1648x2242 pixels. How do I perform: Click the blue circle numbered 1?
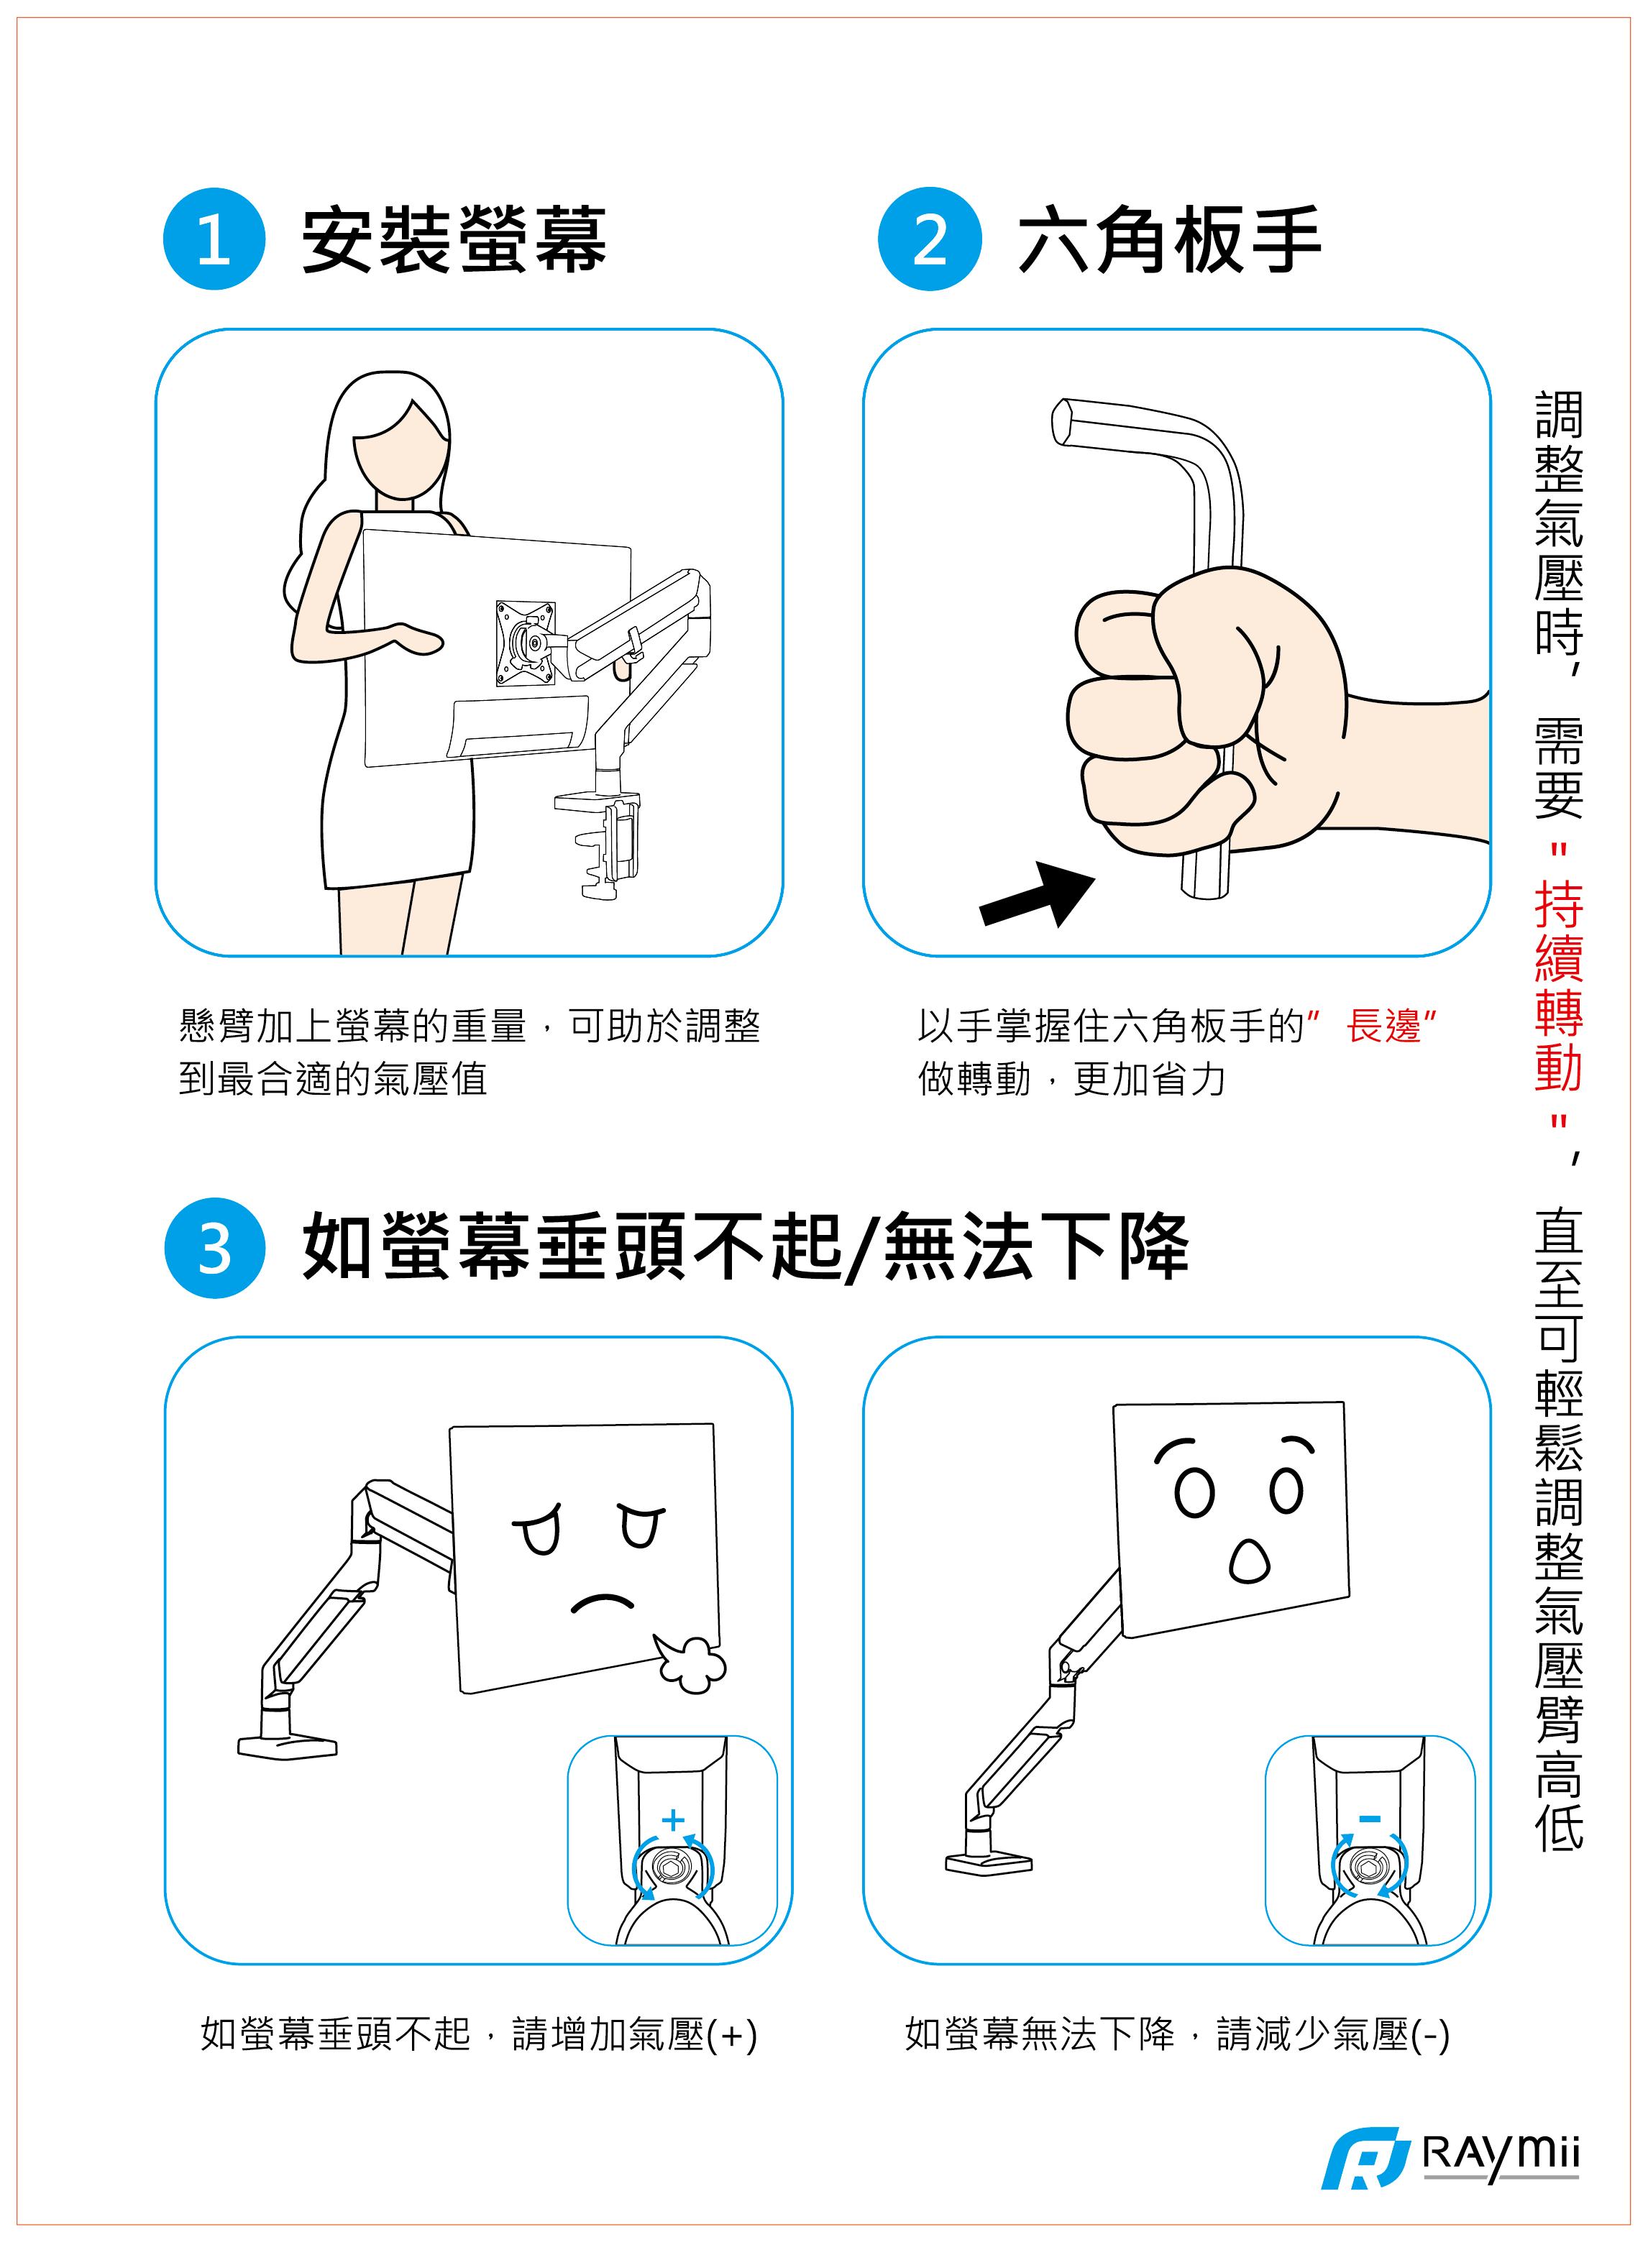(214, 239)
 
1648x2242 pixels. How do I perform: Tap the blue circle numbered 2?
(930, 239)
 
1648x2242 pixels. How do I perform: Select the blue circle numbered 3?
(214, 1248)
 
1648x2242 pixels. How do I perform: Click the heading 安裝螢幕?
(454, 239)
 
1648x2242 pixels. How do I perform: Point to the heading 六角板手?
(1169, 239)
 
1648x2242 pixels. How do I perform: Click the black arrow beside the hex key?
(1038, 895)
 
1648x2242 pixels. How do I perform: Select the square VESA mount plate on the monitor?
(526, 643)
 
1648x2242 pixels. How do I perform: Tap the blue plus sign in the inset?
(674, 1820)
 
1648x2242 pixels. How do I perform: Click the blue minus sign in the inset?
(1370, 1819)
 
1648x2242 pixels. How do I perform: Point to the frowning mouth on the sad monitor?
(602, 1603)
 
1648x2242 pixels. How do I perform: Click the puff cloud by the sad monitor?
(690, 1663)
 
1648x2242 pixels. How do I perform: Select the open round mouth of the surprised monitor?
(1250, 1562)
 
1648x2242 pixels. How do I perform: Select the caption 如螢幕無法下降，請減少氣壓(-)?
(1177, 2034)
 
